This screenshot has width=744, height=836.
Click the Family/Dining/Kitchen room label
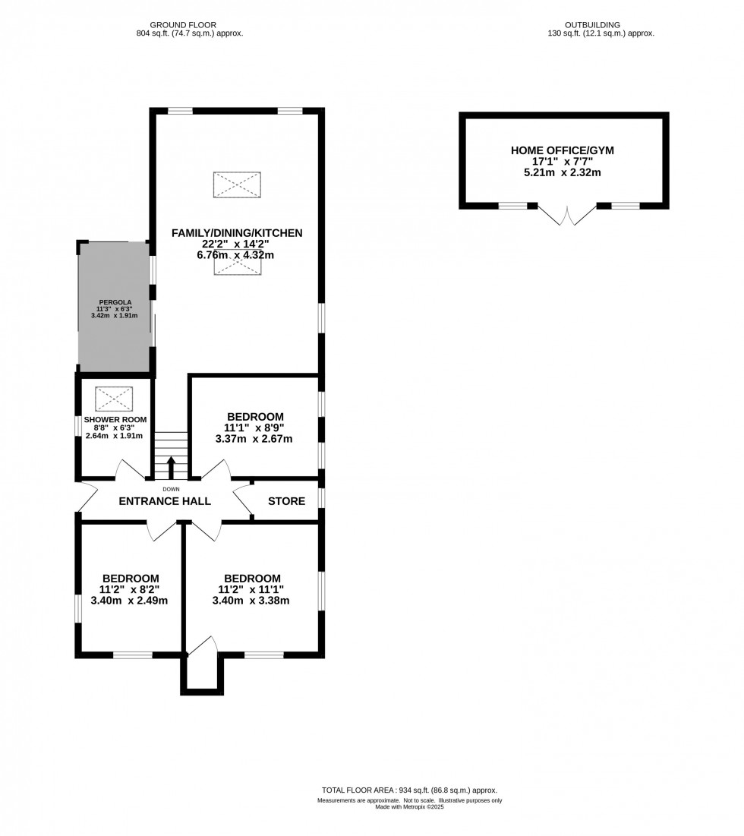coord(237,232)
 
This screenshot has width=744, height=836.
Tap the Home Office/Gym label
coord(562,150)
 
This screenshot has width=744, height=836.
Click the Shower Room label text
coord(115,419)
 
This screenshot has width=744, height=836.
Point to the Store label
coord(286,501)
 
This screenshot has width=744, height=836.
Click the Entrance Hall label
coord(165,501)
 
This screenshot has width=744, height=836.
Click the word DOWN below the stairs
coord(171,489)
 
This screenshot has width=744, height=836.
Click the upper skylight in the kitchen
coord(237,185)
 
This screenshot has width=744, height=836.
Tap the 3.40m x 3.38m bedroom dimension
coord(252,601)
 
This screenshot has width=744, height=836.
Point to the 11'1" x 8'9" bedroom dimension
coord(255,427)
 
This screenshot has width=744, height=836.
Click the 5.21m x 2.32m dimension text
coord(562,172)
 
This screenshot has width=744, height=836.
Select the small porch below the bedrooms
coord(202,672)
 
